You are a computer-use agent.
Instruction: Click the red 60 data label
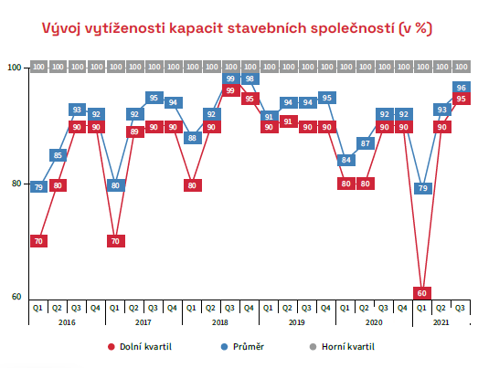(x=422, y=293)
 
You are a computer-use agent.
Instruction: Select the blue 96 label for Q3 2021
(x=462, y=88)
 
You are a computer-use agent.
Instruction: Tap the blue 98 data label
(x=250, y=79)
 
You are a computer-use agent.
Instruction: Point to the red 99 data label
(x=230, y=90)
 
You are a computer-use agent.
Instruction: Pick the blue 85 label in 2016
(x=58, y=155)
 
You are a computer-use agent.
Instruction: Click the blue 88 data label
(x=192, y=138)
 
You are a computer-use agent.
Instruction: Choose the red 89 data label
(x=134, y=131)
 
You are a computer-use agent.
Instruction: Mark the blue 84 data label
(x=346, y=160)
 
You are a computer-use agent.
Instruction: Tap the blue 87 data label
(x=366, y=143)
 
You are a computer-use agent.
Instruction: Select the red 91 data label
(x=288, y=121)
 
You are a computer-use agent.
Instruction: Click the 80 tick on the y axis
(x=16, y=184)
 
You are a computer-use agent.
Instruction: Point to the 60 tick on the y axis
(x=16, y=297)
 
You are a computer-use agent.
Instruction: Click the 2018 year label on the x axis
(x=219, y=322)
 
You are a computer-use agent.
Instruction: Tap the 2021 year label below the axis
(x=441, y=322)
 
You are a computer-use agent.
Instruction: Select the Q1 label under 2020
(x=345, y=308)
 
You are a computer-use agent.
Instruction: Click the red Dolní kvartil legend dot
(x=112, y=347)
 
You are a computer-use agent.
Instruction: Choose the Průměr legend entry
(x=243, y=347)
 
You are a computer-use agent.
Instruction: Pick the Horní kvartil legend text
(x=348, y=347)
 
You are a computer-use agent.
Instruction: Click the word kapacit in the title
(x=197, y=28)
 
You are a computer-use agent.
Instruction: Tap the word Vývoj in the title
(x=61, y=29)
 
